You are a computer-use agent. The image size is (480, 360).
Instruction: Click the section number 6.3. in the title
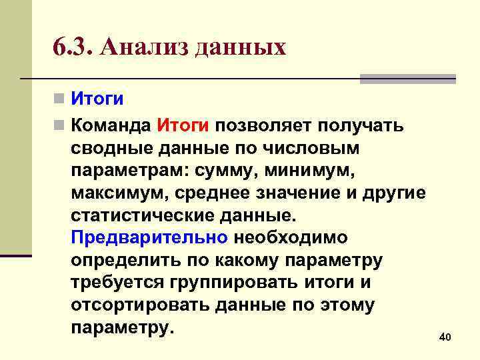coord(71,49)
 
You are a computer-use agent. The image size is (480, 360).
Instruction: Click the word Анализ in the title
coord(140,49)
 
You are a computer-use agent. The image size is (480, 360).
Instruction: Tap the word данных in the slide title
coord(241,49)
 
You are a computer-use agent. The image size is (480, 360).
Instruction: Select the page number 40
coord(445,338)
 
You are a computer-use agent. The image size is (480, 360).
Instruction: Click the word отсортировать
coord(140,305)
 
